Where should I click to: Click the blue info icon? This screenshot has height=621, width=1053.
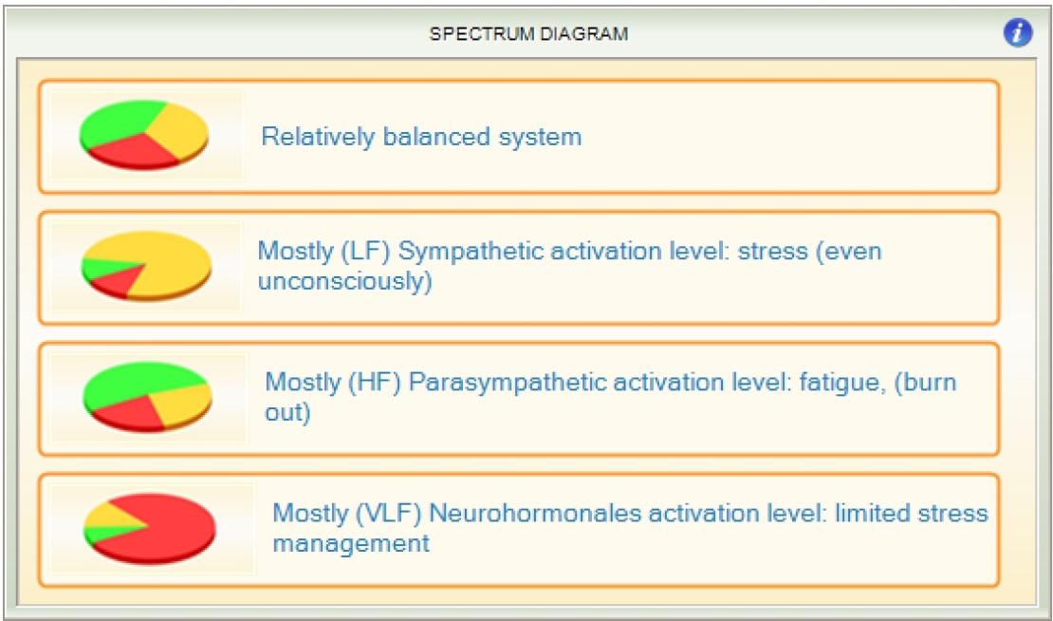coord(1017,33)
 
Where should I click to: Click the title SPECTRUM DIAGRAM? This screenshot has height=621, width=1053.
coord(528,34)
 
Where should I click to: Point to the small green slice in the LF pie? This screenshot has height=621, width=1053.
coord(104,269)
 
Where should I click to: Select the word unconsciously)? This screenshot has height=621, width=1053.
coord(345,282)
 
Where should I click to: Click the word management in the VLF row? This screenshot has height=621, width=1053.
coord(351,543)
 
